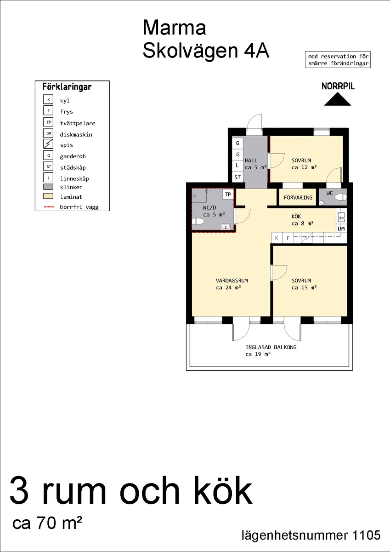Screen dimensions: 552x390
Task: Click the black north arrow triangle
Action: pos(337,100)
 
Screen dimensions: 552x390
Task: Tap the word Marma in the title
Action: pos(174,28)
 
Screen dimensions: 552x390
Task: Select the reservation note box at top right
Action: pos(338,60)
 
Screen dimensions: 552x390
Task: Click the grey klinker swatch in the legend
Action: pos(48,187)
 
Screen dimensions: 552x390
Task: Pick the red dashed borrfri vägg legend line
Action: pos(48,207)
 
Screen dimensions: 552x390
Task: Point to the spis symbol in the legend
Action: pos(48,144)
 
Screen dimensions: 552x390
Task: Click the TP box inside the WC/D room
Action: pos(228,195)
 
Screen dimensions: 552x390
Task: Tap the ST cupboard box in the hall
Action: pos(237,177)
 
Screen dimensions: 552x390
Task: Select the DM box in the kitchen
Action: pos(341,229)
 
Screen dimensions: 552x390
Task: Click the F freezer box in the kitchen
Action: pos(288,238)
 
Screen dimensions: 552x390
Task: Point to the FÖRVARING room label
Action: pos(298,197)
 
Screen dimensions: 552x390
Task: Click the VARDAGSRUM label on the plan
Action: pos(229,281)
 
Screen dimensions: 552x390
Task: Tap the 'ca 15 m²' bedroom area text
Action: pos(304,288)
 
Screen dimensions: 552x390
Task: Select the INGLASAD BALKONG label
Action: pos(265,347)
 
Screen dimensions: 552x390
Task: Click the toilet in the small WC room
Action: pos(339,197)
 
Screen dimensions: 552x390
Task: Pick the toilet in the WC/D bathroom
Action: pos(198,222)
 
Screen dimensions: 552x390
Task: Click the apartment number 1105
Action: pos(366,535)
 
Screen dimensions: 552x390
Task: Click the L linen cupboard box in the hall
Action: pos(237,165)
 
